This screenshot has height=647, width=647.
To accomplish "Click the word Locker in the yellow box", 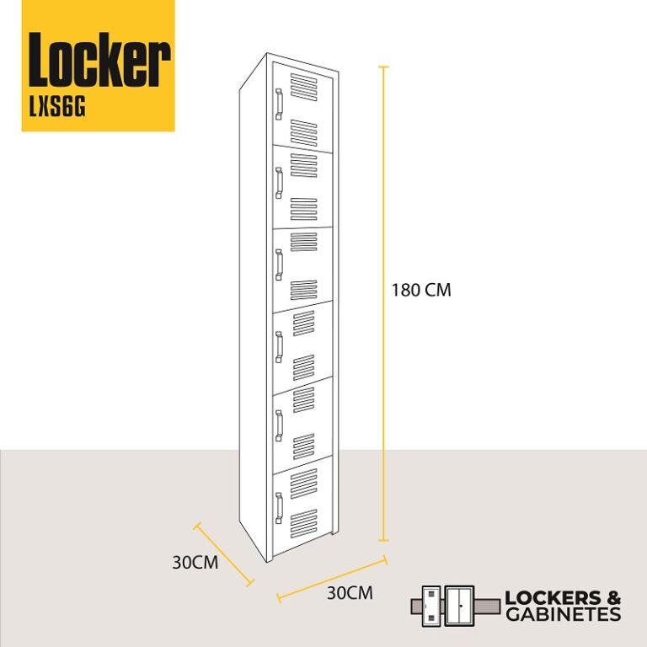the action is (99, 60).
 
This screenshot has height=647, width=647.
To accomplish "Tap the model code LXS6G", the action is (57, 108).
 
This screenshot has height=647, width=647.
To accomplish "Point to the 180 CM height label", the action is (421, 290).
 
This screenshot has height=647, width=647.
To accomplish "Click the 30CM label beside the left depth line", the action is (195, 563).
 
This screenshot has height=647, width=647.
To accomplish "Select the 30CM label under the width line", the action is (350, 593).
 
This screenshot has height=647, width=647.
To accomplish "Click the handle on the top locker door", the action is (279, 104).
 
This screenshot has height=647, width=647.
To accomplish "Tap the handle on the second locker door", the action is (279, 183).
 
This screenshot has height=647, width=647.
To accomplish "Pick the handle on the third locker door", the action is (279, 265).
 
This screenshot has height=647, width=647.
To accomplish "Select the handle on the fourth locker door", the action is (279, 347).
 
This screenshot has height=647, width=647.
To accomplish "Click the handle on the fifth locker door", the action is (279, 425).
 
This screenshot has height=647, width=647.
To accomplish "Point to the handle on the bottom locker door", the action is (279, 508).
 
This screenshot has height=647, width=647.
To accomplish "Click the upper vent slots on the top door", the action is (303, 87).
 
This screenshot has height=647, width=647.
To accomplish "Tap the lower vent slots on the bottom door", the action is (303, 524).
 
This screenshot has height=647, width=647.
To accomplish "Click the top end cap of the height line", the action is (384, 67).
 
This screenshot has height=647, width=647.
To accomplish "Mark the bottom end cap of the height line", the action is (384, 540).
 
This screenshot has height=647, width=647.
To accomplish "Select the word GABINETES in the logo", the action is (564, 614).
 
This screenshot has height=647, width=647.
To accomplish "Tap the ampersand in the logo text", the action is (612, 598).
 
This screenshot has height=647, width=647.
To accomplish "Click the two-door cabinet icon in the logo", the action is (460, 607).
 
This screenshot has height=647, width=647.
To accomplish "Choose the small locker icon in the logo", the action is (431, 607).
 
